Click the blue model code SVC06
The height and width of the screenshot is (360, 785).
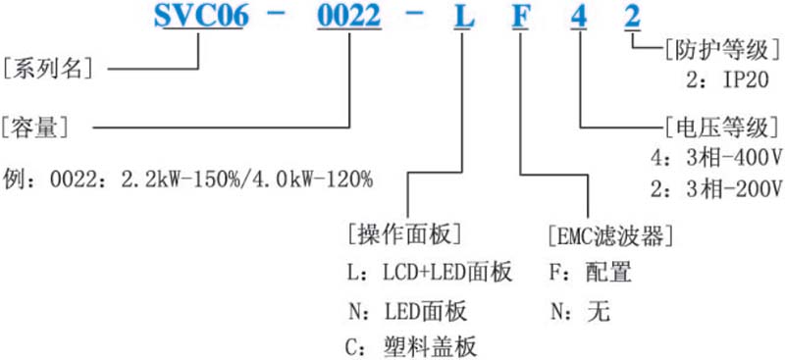click(201, 15)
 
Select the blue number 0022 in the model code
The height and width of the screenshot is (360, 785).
click(348, 15)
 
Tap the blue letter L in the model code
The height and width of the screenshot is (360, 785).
click(461, 15)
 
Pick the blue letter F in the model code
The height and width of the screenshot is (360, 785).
click(520, 15)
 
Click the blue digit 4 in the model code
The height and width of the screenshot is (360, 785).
click(579, 15)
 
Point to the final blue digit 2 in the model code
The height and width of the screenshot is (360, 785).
click(632, 15)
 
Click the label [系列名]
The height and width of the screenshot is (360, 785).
click(48, 68)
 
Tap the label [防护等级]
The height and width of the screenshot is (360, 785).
click(722, 51)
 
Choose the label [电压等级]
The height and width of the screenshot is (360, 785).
click(722, 129)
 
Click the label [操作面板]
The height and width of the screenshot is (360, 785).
click(404, 233)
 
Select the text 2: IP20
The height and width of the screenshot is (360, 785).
click(727, 79)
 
